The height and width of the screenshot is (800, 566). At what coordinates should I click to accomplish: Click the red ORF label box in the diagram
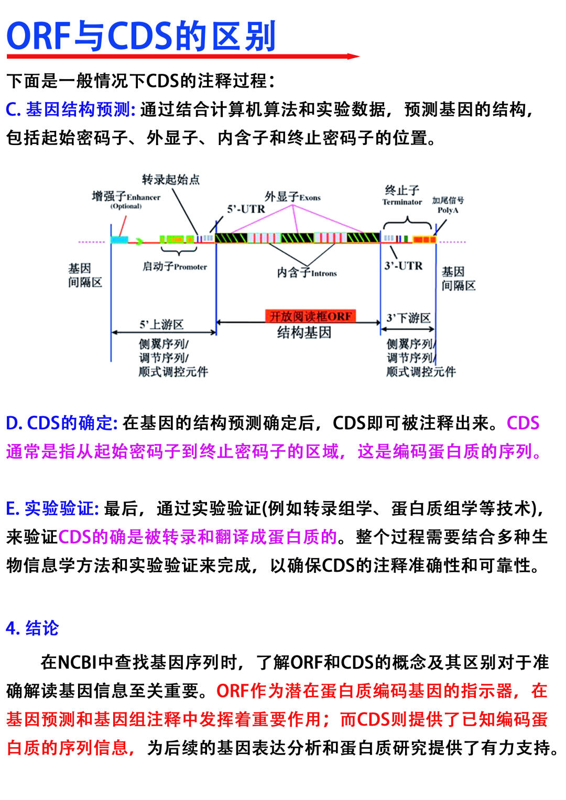[310, 316]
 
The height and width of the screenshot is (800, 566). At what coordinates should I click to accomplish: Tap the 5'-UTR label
[246, 209]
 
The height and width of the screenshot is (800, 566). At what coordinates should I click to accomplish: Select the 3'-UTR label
[403, 266]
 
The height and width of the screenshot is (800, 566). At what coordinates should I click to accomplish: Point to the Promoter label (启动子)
[175, 266]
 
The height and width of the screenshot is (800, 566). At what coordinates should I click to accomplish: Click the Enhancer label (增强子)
[126, 197]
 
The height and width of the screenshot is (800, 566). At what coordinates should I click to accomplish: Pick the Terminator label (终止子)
[402, 195]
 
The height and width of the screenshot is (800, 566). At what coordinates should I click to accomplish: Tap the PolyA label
[448, 205]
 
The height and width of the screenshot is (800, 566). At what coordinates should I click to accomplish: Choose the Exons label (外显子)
[292, 197]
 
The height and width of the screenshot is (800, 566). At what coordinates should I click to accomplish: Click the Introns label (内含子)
[307, 273]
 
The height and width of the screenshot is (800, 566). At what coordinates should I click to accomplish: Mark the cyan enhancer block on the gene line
[119, 240]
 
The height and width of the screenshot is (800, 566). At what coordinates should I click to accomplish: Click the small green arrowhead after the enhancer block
[139, 241]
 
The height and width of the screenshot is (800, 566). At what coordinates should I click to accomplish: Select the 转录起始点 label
[171, 180]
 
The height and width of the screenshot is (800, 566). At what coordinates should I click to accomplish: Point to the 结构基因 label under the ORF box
[304, 332]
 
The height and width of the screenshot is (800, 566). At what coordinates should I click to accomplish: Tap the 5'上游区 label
[161, 325]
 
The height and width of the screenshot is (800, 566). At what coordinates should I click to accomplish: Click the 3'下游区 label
[408, 318]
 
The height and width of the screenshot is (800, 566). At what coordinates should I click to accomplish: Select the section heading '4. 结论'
[32, 628]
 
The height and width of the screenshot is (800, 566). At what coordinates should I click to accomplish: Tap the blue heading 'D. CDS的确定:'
[62, 423]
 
